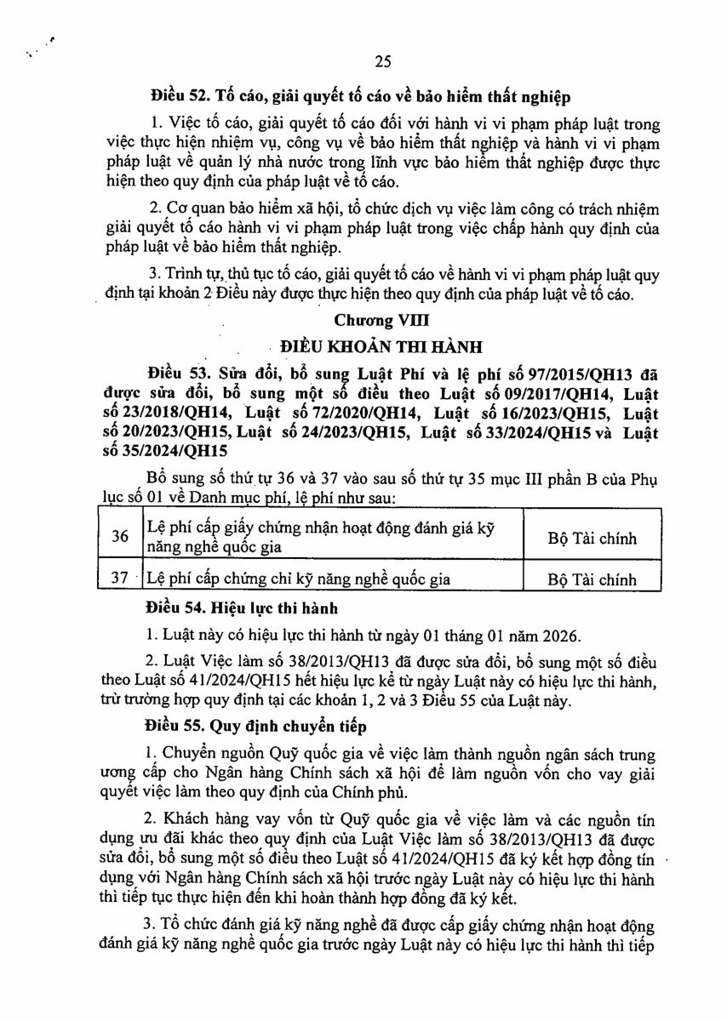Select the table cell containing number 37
pyautogui.click(x=120, y=580)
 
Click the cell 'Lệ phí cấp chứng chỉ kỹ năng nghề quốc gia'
pyautogui.click(x=298, y=580)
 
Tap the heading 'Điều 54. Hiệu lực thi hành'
pyautogui.click(x=242, y=608)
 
